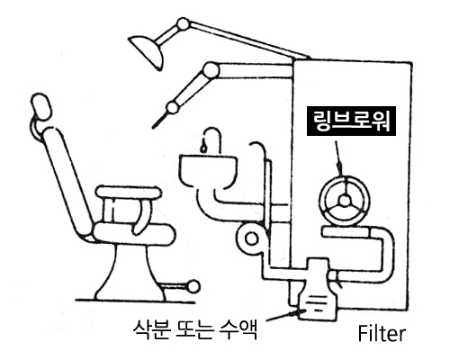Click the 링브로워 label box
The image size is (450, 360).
coord(351,121)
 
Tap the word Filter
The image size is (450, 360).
coord(382,333)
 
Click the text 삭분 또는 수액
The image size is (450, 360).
coord(195,329)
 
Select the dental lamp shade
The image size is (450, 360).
coord(148,49)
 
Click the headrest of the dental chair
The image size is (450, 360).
coord(40,107)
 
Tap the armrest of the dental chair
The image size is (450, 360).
coord(129,193)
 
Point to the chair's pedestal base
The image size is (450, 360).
coord(130,273)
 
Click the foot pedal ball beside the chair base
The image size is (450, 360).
coord(193,287)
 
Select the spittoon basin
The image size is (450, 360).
coord(208,168)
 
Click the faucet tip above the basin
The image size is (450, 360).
coord(204,148)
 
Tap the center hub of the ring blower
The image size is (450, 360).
coord(345,201)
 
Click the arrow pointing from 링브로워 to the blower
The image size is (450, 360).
coord(337,158)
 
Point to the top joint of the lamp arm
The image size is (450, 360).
coord(183,24)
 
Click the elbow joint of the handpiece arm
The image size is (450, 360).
coord(211,70)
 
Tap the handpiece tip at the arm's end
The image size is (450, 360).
coord(158,121)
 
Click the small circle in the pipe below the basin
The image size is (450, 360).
coord(251,238)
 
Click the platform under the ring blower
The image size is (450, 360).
coord(346,232)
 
